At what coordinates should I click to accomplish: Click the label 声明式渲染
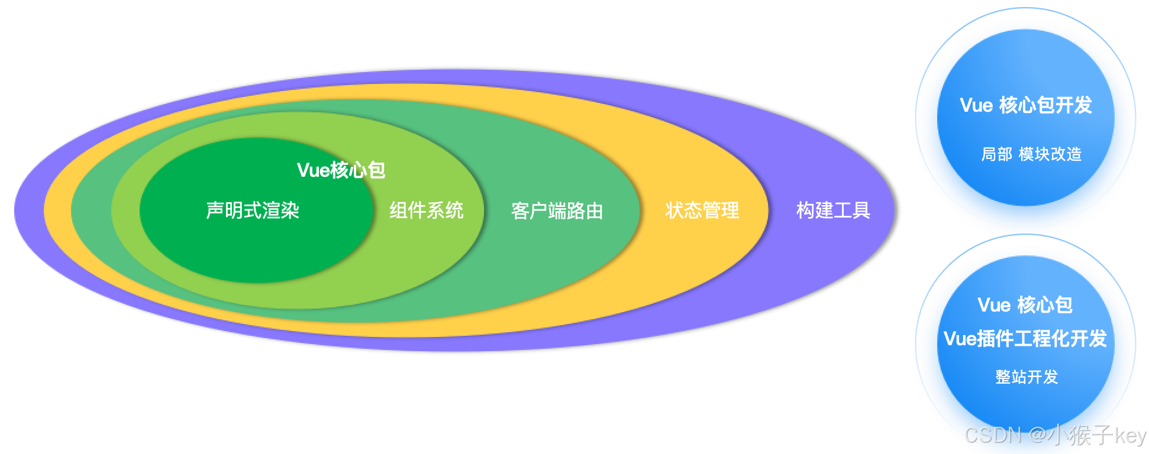point(253,210)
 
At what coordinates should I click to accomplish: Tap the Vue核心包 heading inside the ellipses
point(341,170)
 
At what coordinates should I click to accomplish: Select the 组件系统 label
point(426,210)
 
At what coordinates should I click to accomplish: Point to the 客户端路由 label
point(557,211)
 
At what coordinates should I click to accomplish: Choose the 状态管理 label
point(702,210)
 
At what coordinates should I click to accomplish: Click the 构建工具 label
point(833,210)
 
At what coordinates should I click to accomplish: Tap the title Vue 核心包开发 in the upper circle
point(1025,105)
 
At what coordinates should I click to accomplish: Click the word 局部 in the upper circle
point(997,154)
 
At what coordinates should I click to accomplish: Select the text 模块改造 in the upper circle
point(1050,154)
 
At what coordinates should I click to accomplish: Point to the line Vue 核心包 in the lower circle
point(1025,305)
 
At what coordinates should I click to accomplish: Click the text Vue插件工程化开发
point(1025,339)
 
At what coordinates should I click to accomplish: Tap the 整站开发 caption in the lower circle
point(1027,377)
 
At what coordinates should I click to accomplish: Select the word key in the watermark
point(1131,436)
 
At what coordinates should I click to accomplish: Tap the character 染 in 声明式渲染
point(291,210)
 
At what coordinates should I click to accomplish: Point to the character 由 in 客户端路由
point(594,211)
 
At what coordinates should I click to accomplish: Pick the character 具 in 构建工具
point(861,210)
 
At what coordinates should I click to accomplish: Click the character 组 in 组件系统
point(399,210)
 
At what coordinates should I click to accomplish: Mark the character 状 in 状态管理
point(674,210)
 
